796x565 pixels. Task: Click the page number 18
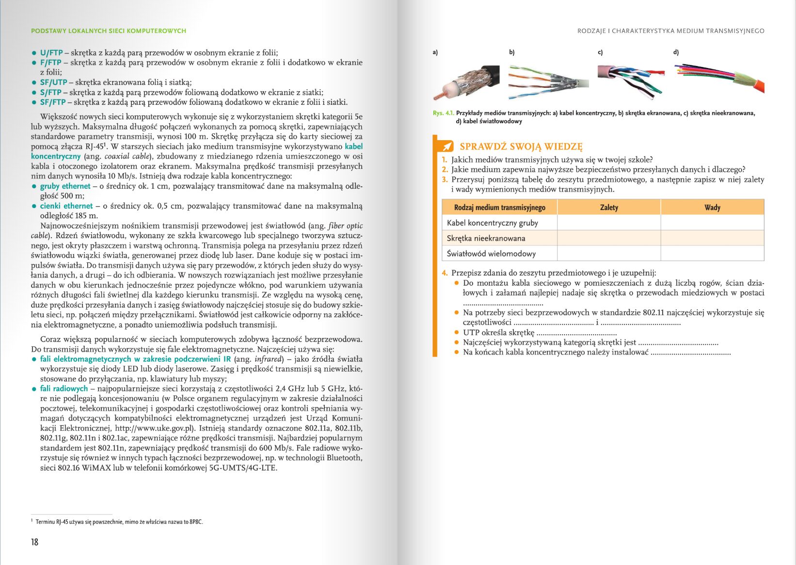tap(34, 542)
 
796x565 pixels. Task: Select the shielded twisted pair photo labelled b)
tap(548, 81)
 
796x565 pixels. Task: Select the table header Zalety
tap(609, 208)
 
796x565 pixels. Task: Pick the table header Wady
tap(712, 208)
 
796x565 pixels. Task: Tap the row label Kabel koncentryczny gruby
tap(493, 223)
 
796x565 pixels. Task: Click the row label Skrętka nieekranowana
tap(486, 238)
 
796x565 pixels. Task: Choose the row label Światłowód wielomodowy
tap(491, 254)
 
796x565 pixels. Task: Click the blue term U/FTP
tap(51, 53)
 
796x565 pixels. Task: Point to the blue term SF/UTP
tap(53, 82)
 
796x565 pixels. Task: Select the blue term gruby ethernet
tap(65, 186)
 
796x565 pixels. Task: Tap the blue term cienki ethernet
tap(66, 206)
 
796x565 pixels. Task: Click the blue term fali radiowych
tap(64, 388)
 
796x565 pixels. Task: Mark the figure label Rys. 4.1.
tap(443, 113)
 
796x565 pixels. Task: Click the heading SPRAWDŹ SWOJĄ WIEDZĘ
tap(521, 146)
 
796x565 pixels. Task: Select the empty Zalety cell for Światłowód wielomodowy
tap(609, 254)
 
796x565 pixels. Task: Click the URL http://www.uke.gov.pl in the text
tap(154, 428)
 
